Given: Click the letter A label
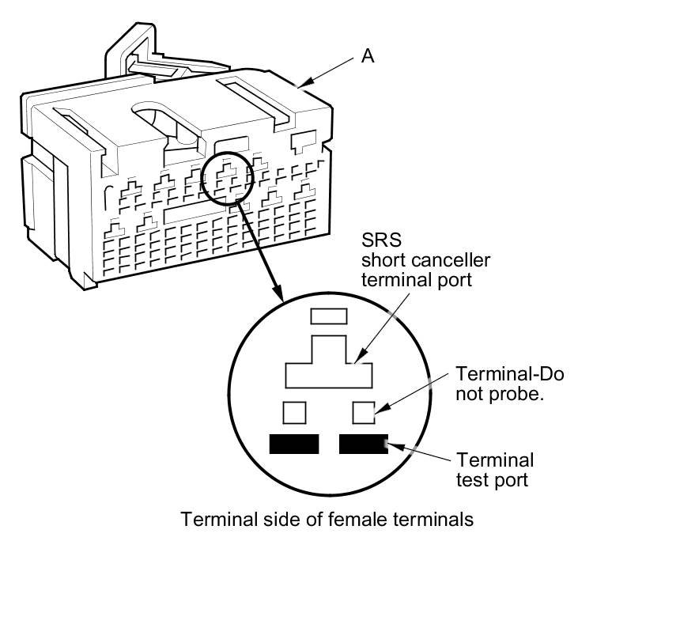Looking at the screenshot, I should click(368, 55).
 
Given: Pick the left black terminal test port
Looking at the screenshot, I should click(294, 444).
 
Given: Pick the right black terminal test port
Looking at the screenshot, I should click(363, 444).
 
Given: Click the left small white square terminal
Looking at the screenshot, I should click(294, 413).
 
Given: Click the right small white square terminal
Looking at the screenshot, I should click(363, 413).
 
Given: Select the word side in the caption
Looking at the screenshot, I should click(262, 520).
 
